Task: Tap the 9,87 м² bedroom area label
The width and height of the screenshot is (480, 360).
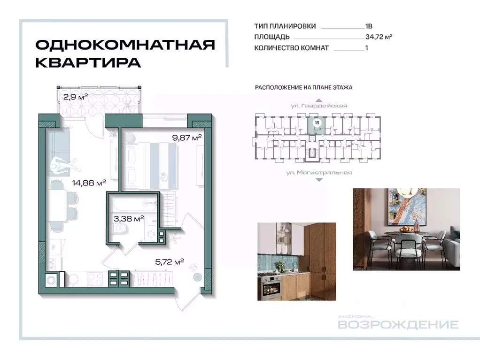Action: tap(186, 138)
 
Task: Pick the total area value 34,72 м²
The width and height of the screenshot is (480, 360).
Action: tap(378, 37)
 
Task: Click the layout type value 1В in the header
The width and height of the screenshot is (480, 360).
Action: tap(369, 26)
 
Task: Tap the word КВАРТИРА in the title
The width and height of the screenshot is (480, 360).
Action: tap(88, 62)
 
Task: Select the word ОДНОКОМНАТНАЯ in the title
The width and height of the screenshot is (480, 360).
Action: tap(125, 45)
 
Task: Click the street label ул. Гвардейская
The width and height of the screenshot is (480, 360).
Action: tap(319, 106)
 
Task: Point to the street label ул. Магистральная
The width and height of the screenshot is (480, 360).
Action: tap(319, 173)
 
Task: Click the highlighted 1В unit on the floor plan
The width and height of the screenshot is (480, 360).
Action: tap(317, 123)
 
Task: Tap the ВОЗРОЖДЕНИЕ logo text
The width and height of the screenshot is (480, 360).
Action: tap(398, 325)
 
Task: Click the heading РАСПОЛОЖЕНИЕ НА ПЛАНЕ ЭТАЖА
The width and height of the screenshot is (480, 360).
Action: tap(303, 87)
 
